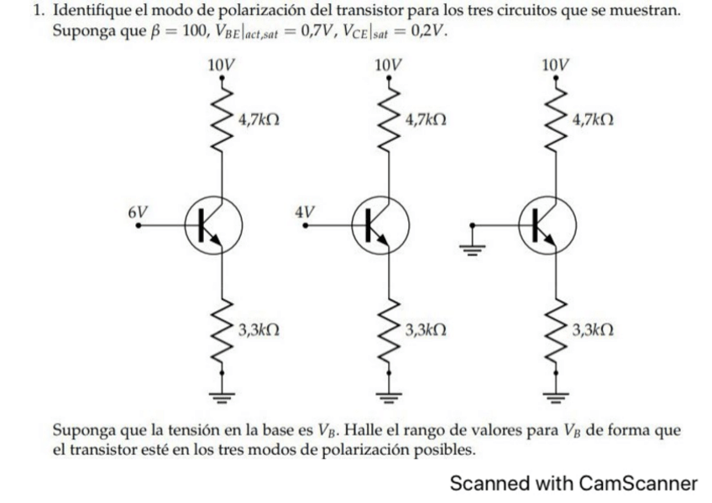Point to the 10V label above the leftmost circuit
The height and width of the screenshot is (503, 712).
pyautogui.click(x=220, y=64)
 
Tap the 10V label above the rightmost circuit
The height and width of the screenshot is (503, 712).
pyautogui.click(x=555, y=64)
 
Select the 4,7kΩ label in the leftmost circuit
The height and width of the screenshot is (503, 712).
pyautogui.click(x=259, y=120)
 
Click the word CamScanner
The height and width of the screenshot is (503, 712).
pyautogui.click(x=638, y=484)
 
